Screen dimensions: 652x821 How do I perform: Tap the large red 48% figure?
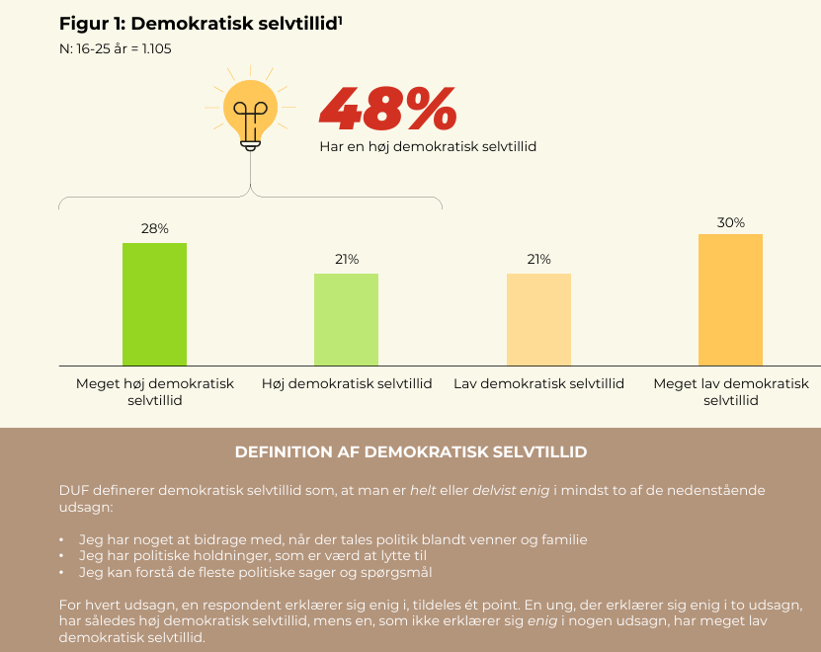[387, 109]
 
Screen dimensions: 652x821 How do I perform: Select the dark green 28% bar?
[154, 303]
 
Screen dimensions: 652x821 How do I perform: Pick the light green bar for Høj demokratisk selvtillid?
[346, 319]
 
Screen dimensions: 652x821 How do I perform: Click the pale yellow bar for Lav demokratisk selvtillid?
[538, 319]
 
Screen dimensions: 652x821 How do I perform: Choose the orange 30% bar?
[730, 299]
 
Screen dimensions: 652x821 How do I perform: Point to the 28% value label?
[155, 228]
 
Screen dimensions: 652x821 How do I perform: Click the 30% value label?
[731, 222]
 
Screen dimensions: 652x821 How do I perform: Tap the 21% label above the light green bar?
[347, 260]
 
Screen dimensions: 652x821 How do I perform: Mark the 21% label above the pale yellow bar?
[538, 260]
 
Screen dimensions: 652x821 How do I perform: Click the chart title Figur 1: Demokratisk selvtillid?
[198, 23]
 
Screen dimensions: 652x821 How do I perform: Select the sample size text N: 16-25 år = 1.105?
[116, 48]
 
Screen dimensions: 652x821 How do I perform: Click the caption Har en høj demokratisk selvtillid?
[428, 146]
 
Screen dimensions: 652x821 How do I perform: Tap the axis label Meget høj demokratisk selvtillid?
[155, 392]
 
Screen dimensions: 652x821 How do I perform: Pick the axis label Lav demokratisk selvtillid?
[538, 383]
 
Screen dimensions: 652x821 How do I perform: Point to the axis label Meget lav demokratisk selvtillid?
[731, 392]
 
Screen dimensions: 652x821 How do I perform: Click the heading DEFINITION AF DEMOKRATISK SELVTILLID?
[411, 451]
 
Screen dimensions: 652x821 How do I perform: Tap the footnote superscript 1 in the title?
[340, 19]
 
